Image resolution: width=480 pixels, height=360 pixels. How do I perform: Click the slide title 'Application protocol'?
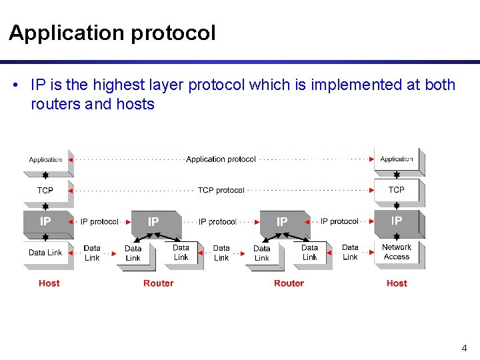[112, 33]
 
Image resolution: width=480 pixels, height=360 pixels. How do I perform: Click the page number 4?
[464, 348]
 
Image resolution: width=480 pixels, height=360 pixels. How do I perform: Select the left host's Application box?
[45, 160]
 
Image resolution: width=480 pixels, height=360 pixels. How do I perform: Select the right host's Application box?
[397, 159]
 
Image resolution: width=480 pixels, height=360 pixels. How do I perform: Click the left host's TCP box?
[45, 191]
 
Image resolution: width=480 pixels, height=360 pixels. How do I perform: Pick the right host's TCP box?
[397, 190]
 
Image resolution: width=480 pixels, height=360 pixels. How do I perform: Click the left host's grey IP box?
[45, 221]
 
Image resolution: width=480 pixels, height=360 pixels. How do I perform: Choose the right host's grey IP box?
[397, 221]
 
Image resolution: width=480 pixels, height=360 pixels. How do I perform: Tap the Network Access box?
[397, 252]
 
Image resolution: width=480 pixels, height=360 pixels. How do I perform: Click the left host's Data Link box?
[45, 253]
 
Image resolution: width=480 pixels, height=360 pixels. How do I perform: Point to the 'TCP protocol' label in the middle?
[221, 191]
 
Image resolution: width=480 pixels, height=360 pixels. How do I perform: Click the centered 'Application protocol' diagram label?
[221, 159]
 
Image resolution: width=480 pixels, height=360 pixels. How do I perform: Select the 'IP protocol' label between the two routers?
[217, 221]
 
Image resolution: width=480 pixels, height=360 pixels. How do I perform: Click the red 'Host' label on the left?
[49, 283]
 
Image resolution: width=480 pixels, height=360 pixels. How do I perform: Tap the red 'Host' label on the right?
[397, 283]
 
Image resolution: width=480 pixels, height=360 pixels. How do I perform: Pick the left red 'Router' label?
[158, 283]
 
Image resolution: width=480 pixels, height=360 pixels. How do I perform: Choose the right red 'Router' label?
[289, 283]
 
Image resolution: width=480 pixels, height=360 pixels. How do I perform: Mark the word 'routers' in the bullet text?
[55, 105]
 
